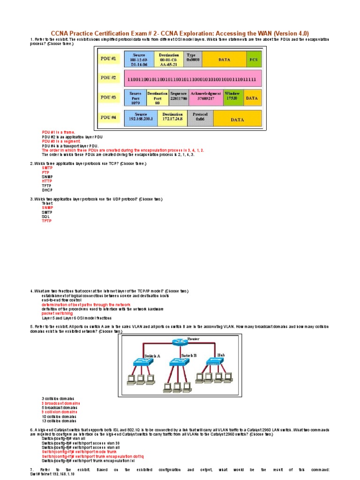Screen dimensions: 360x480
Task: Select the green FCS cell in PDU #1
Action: pos(255,60)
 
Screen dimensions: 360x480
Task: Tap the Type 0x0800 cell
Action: pos(193,59)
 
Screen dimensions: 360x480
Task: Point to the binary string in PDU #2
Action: pos(192,79)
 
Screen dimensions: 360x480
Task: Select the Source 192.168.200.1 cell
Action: pos(141,117)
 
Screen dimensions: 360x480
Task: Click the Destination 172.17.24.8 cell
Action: pos(172,117)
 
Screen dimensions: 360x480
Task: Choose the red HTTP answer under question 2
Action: pos(47,181)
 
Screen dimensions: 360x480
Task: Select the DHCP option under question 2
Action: pos(47,190)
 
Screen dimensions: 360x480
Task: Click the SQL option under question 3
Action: pos(45,217)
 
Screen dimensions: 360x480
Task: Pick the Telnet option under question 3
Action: pos(47,203)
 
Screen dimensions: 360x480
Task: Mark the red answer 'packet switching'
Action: pos(57,314)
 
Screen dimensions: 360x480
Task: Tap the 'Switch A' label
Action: pos(152,356)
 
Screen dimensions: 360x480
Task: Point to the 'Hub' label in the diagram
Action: pos(221,355)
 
